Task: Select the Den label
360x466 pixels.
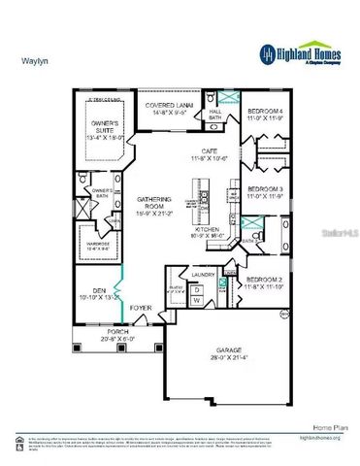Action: (93, 293)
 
